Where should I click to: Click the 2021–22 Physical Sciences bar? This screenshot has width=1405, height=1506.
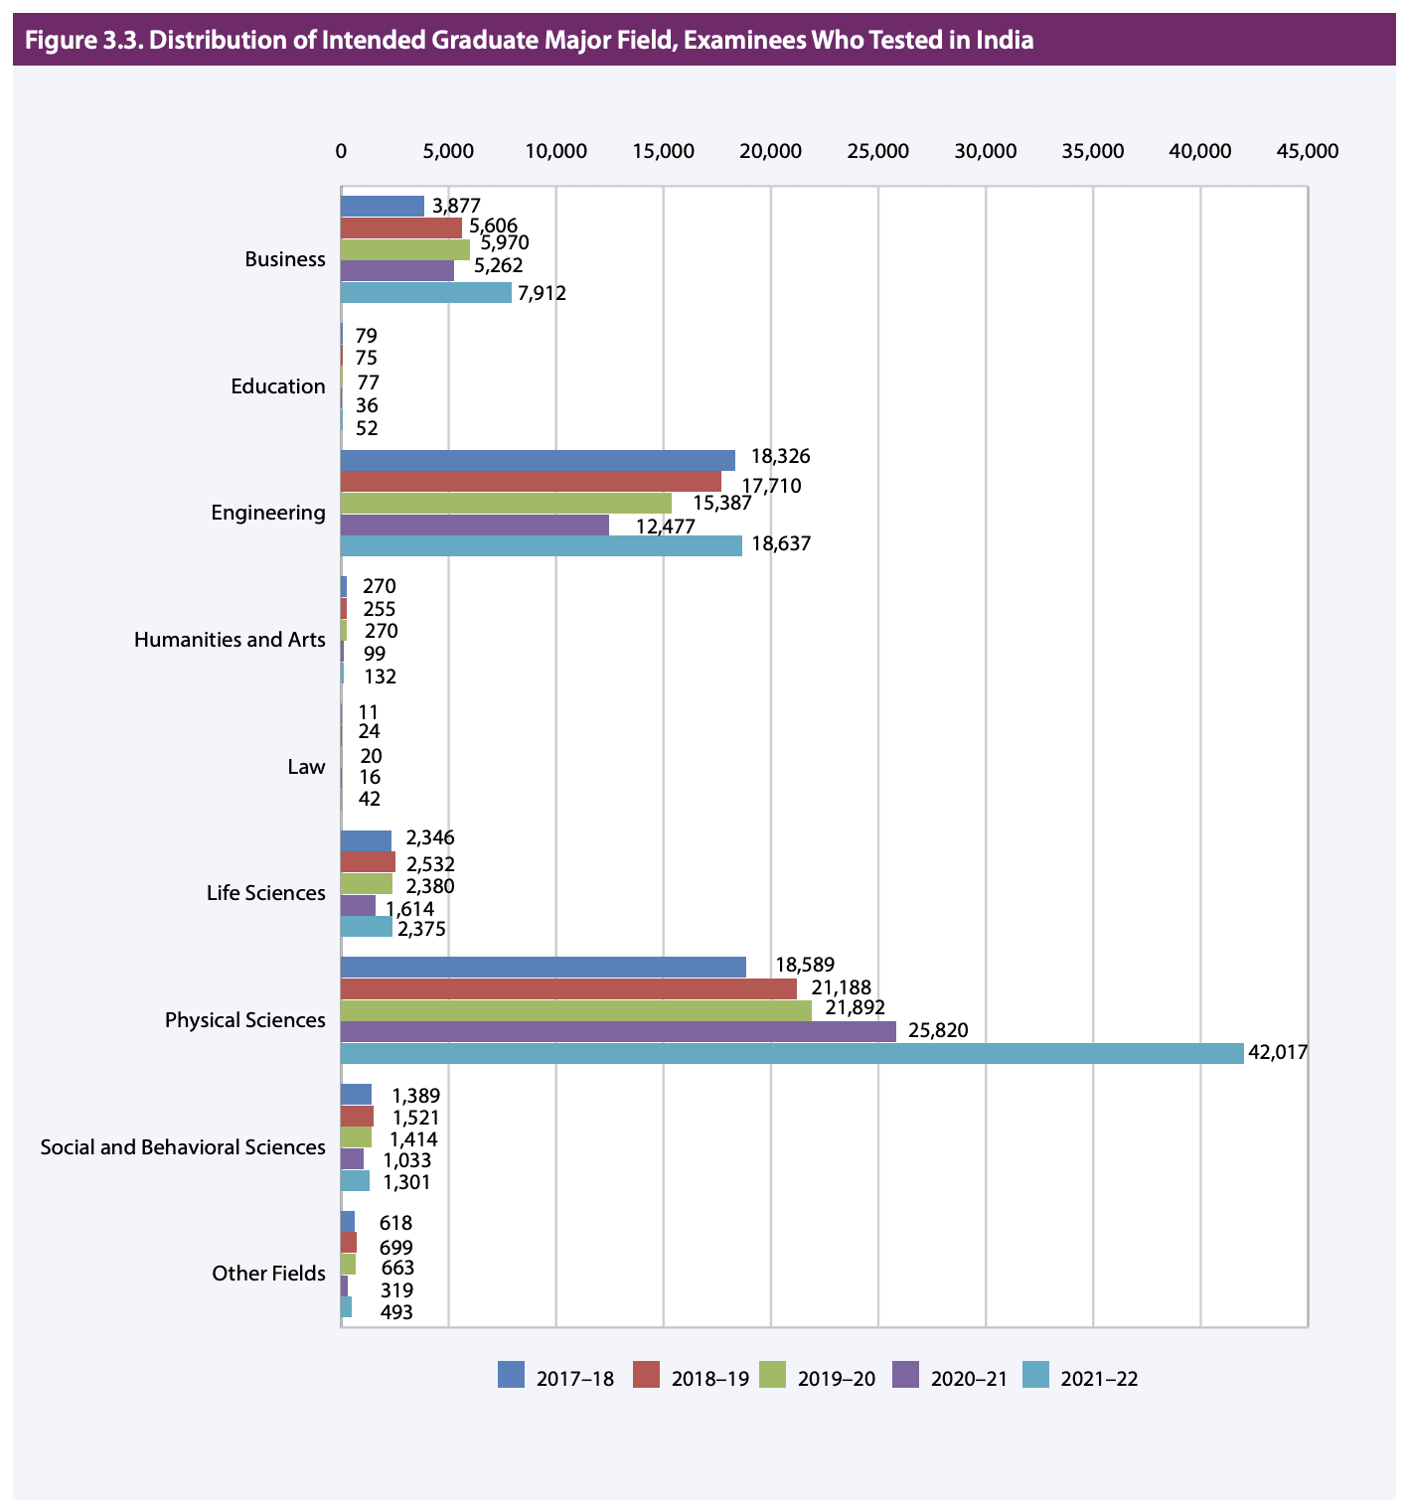[791, 1053]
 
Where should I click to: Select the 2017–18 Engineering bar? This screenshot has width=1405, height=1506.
[538, 460]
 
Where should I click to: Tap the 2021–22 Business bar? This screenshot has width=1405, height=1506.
[425, 292]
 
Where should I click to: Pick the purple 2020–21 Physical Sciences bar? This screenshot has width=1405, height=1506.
[617, 1031]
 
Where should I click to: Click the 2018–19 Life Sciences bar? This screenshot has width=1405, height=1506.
[368, 861]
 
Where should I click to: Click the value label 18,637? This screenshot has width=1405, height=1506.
[781, 545]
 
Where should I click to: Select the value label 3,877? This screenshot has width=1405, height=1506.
[457, 206]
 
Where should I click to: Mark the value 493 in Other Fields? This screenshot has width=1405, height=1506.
[396, 1312]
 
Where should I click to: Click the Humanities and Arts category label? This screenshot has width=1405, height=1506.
[229, 640]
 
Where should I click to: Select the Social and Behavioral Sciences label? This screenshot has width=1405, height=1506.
[183, 1147]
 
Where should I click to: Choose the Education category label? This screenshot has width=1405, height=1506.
[277, 386]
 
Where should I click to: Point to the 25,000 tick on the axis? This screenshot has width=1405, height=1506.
[877, 151]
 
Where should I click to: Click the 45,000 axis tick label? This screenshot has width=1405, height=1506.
[1307, 151]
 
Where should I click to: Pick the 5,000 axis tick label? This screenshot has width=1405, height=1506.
[448, 151]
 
